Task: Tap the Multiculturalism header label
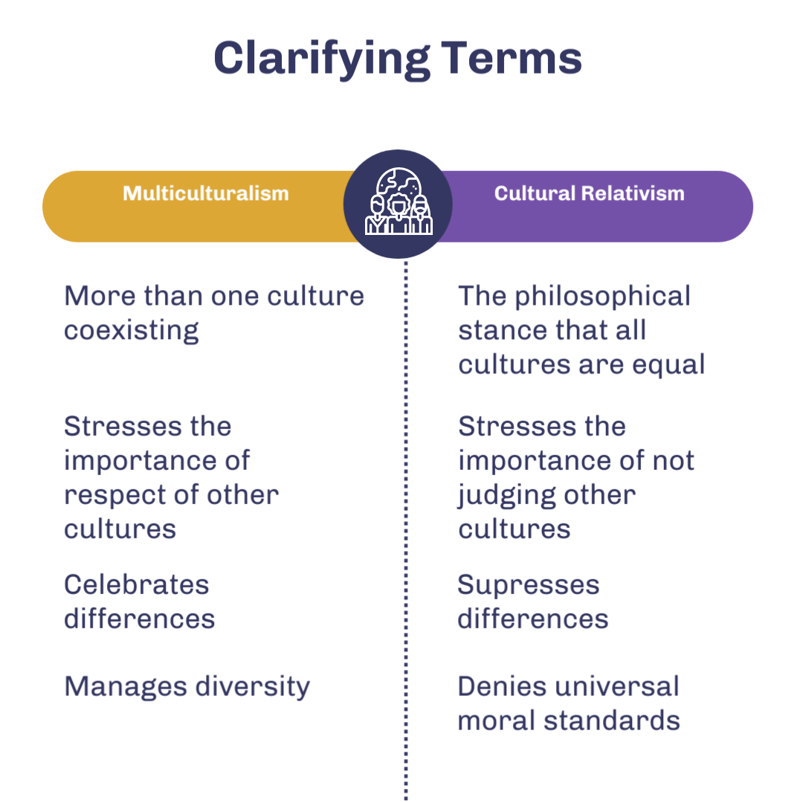pos(205,194)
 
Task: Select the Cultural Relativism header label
pos(589,194)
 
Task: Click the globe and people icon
pos(399,204)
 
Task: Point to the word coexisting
pos(132,330)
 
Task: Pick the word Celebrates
pos(136,584)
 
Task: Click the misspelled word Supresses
pos(528,585)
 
